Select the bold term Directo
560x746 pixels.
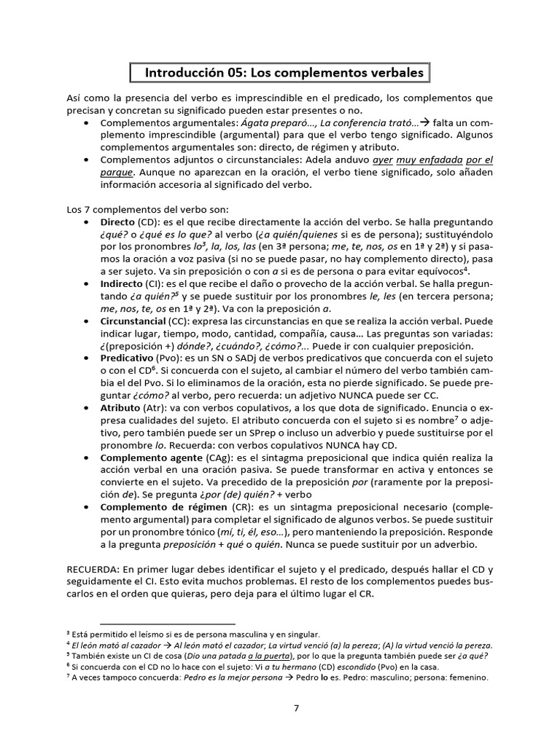click(117, 221)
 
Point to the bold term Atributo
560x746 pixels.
click(120, 407)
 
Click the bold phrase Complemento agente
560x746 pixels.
click(152, 457)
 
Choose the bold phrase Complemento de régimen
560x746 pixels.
click(163, 506)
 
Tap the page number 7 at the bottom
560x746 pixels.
click(296, 707)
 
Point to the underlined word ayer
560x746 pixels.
click(384, 160)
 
